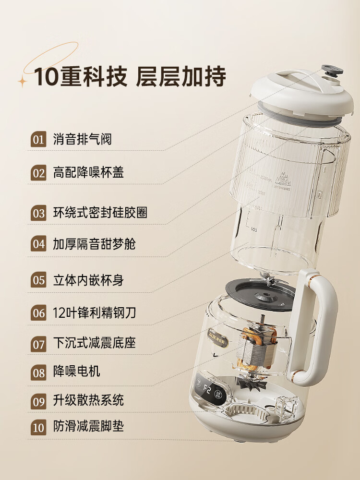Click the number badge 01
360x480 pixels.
coord(38,140)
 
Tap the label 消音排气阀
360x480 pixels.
coord(82,140)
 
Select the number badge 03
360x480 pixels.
coord(38,213)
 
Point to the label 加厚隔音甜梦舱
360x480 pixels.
coord(94,243)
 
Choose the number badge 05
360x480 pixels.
coord(38,280)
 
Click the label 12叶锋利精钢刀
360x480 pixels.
coord(95,313)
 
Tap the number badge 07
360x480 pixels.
coord(38,344)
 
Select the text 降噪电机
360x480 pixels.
coord(76,372)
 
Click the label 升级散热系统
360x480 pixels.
coord(88,400)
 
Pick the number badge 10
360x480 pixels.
coord(38,427)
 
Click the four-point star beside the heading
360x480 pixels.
coord(23,81)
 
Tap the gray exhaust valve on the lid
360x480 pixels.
coord(332,71)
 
